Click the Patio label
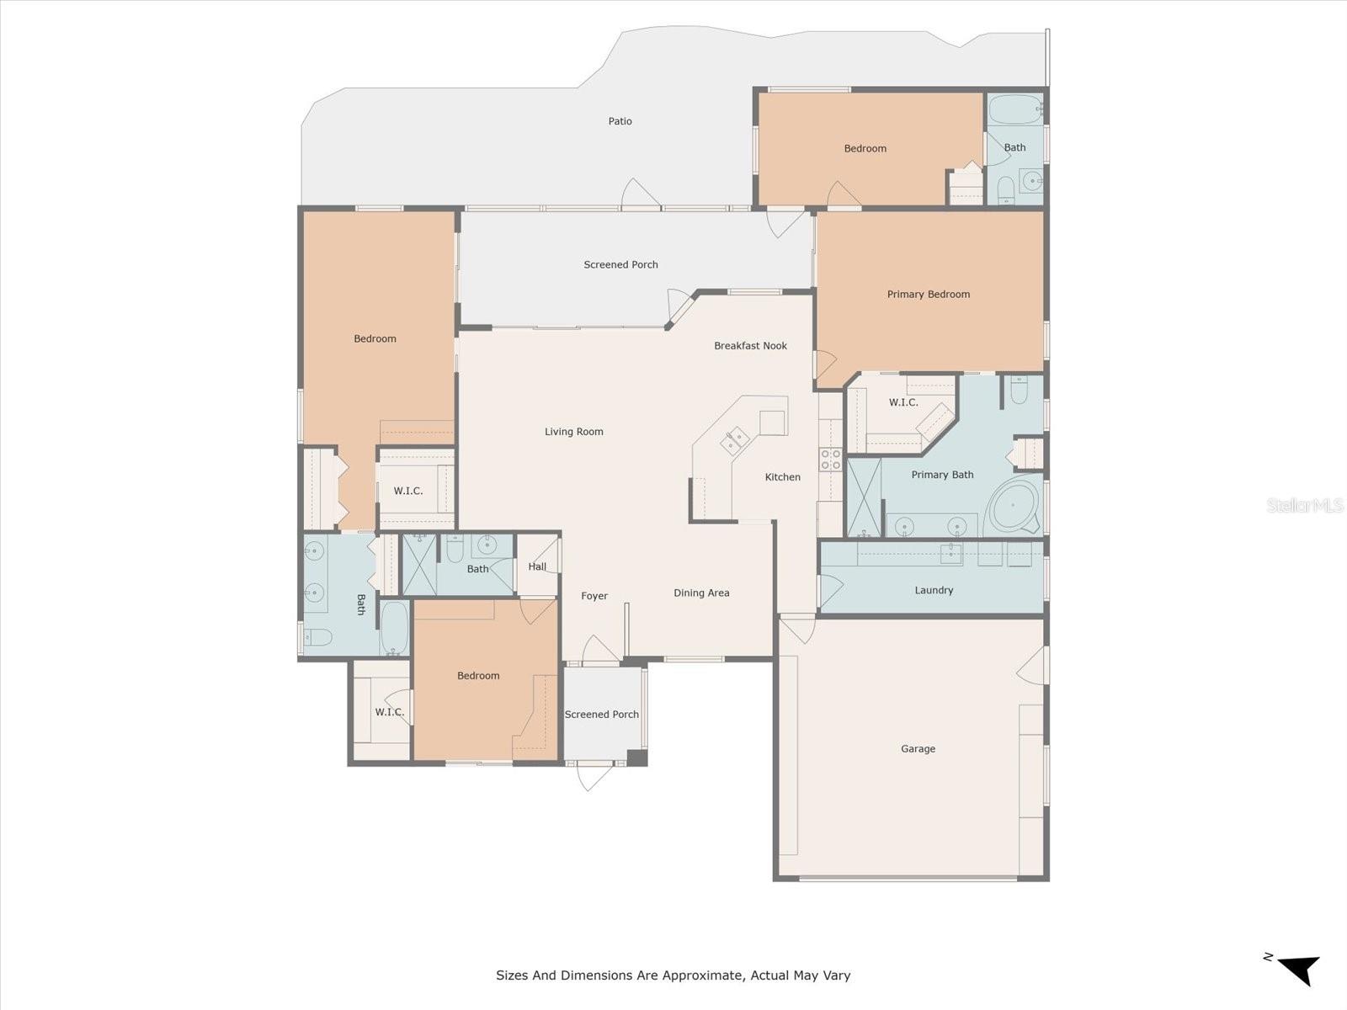coord(620,121)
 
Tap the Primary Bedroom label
coord(928,295)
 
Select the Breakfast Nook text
coord(750,346)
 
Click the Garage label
coord(918,748)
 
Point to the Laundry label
coord(934,590)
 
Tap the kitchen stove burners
coord(830,459)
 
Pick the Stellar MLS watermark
coord(1305,505)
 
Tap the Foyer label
coord(594,596)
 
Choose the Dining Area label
coord(701,593)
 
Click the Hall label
coord(537,566)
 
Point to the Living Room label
coord(573,432)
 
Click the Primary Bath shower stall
coord(863,497)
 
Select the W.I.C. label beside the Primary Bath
coord(903,402)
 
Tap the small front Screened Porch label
coord(601,715)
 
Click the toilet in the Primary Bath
coord(1019,390)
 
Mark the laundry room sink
coord(951,552)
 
